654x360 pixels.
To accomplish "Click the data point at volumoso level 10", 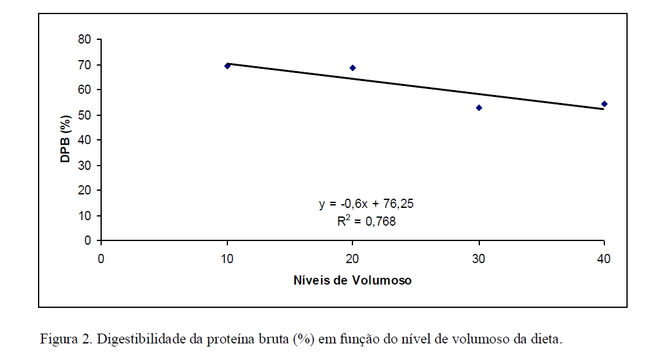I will click(x=227, y=66).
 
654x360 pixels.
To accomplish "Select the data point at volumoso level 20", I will click(x=352, y=67).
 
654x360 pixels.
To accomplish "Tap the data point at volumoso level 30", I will click(x=479, y=107).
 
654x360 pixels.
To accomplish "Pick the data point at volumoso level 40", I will click(x=604, y=104).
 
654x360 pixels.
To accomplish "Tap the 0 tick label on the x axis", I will click(x=101, y=259).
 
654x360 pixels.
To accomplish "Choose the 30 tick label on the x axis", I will click(x=479, y=259).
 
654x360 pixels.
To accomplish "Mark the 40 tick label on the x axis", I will click(x=604, y=259).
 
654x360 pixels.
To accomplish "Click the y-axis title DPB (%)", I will click(x=66, y=140).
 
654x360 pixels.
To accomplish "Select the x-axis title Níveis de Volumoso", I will click(x=352, y=280).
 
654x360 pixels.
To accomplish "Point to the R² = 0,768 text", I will click(x=367, y=221).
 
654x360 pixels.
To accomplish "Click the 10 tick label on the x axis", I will click(x=227, y=259).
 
